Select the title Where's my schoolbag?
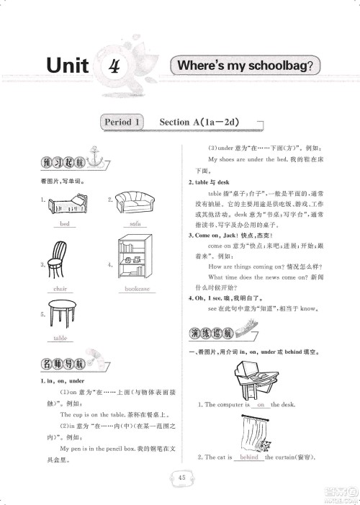click(x=246, y=66)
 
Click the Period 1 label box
click(x=120, y=122)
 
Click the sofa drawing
click(x=135, y=204)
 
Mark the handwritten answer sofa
click(x=135, y=224)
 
